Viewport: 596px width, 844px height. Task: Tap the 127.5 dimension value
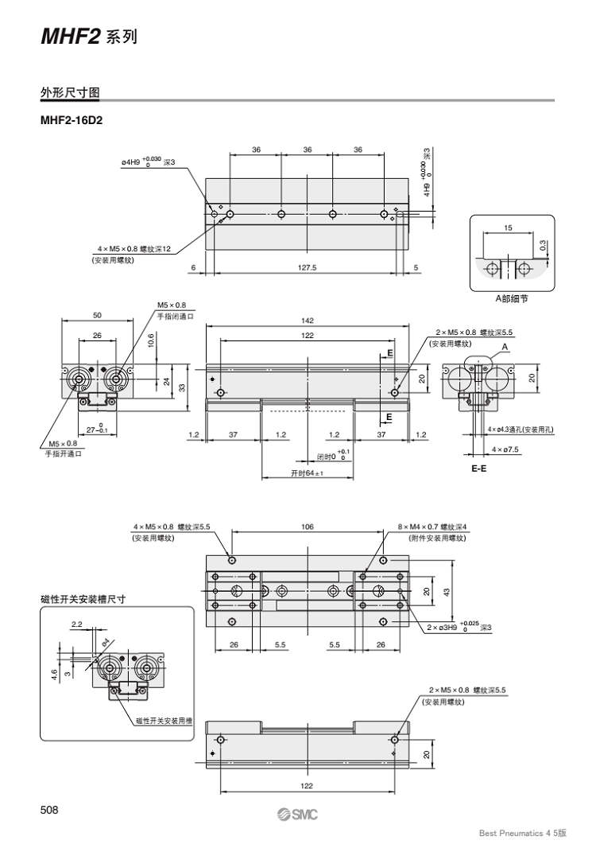(x=307, y=267)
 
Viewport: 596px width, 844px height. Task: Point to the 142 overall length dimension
(x=307, y=321)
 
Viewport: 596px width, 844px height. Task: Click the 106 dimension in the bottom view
(x=308, y=527)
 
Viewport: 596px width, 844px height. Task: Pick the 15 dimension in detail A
(x=508, y=228)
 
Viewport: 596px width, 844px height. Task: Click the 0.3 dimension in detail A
(x=543, y=247)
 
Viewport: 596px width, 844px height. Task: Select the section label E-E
(x=479, y=469)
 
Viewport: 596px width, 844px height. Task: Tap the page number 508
(x=50, y=810)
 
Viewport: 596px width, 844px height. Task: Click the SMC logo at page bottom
(x=297, y=815)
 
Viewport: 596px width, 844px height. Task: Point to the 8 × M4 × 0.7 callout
(x=432, y=527)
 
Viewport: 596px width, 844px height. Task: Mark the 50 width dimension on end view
(x=97, y=316)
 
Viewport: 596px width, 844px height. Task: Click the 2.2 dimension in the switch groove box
(x=75, y=624)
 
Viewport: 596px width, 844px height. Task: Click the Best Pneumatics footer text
(x=523, y=832)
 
